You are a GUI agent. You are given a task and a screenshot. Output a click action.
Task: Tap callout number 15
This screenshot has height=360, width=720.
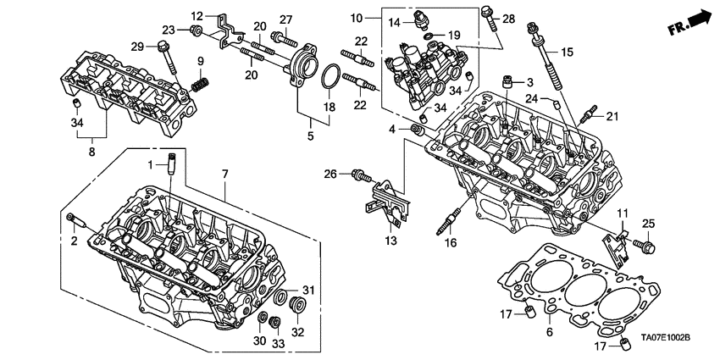pos(566,53)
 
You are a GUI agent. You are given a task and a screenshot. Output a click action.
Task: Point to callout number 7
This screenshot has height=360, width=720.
pos(226,173)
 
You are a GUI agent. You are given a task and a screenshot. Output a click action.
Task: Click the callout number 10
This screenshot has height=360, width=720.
pos(355,17)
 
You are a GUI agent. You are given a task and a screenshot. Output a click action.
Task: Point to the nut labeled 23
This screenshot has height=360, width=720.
pos(195,32)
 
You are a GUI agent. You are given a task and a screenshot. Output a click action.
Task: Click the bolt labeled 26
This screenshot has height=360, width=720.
pos(363,175)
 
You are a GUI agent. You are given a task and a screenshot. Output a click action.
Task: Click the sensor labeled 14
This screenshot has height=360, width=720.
pos(421,19)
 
